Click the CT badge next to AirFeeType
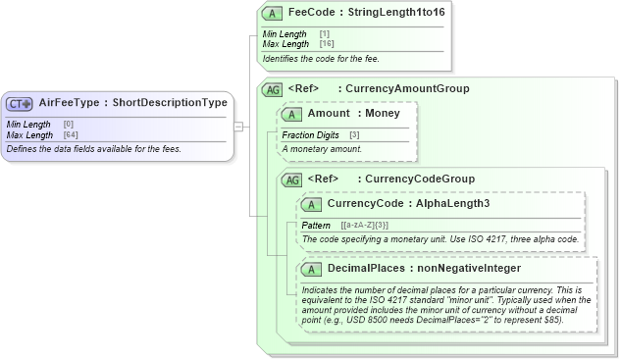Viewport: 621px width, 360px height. tap(20, 103)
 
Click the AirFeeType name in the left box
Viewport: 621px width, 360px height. tap(71, 102)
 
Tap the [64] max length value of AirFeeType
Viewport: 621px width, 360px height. tap(70, 134)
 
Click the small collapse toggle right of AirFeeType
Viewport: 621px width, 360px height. tap(238, 127)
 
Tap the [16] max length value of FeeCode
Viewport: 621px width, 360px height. tap(325, 44)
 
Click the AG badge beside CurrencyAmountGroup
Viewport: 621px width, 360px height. tap(274, 89)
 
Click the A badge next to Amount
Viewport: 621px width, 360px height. tap(291, 115)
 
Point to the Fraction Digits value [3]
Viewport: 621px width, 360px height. tap(353, 134)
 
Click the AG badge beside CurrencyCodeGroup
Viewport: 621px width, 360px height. tap(291, 180)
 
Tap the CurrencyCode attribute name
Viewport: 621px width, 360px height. tap(364, 204)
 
